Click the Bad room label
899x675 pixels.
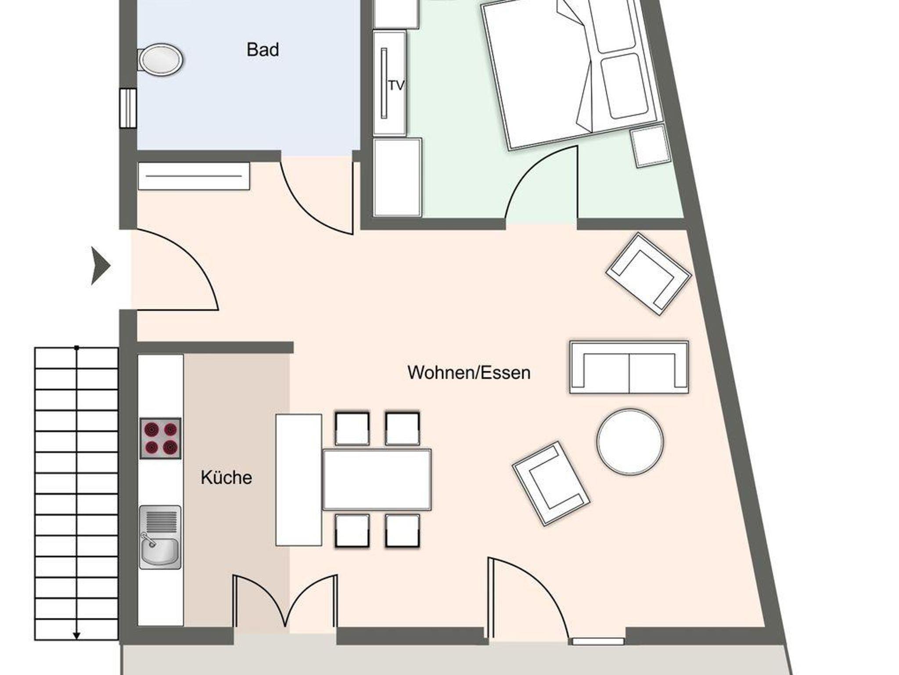tap(263, 50)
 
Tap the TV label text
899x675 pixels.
tap(396, 86)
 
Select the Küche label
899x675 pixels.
tap(227, 478)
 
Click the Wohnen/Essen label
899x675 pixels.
tap(469, 373)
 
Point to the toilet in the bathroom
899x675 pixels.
tap(161, 59)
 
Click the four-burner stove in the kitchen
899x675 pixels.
tap(160, 438)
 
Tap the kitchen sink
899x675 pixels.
tap(160, 538)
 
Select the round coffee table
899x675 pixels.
tap(630, 442)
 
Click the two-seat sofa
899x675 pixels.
tap(629, 367)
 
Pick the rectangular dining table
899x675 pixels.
tap(377, 479)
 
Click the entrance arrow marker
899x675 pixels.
tap(101, 266)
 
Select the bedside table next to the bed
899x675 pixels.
tap(651, 146)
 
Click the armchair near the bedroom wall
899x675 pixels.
tap(648, 274)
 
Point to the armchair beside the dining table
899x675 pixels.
tap(551, 484)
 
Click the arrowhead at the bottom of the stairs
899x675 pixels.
tap(76, 636)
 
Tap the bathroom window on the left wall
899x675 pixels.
tap(128, 108)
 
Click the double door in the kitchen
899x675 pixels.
tap(285, 601)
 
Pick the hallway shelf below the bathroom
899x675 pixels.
tap(194, 176)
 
